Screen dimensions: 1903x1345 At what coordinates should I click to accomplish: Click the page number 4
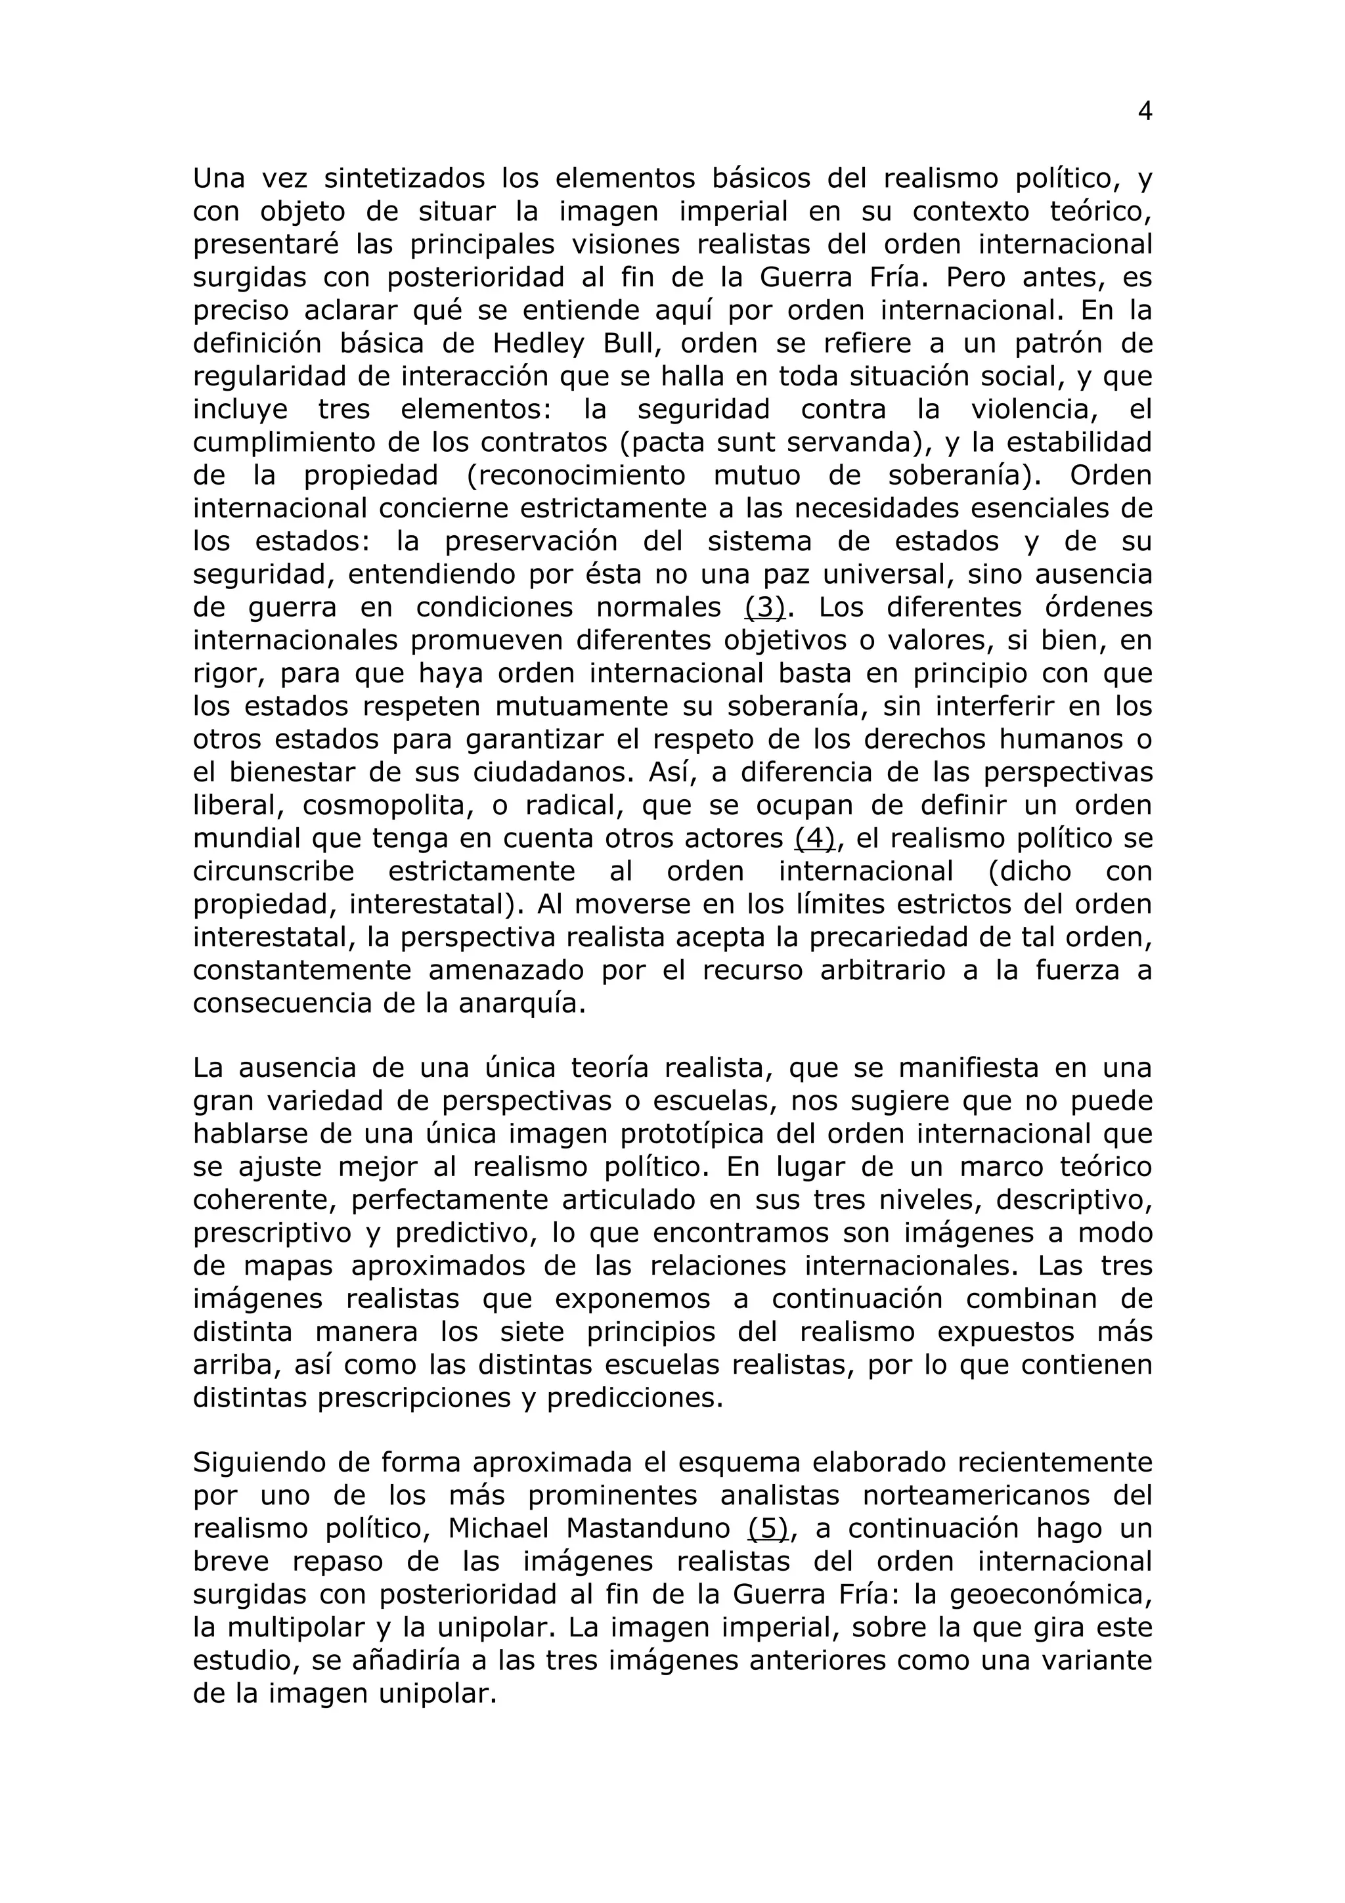pyautogui.click(x=1145, y=112)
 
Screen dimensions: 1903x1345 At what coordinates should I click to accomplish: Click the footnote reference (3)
pyautogui.click(x=764, y=607)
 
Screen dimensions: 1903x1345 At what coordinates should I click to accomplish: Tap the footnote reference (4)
pyautogui.click(x=814, y=839)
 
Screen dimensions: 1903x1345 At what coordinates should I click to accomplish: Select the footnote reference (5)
pyautogui.click(x=767, y=1527)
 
